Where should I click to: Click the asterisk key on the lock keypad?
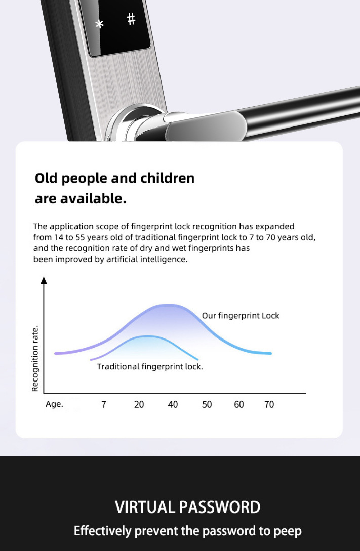coord(99,24)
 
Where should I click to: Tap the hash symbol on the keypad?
coord(131,19)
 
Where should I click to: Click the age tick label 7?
coord(104,404)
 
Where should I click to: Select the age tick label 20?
coord(139,404)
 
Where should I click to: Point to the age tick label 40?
coord(173,404)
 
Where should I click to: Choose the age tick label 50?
coord(207,404)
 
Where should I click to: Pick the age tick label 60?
coord(238,404)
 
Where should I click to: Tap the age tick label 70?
coord(269,404)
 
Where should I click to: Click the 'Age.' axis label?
coord(54,404)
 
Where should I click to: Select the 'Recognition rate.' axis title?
coord(35,359)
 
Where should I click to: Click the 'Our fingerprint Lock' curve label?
coord(241,316)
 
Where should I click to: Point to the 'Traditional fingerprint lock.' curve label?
coord(150,367)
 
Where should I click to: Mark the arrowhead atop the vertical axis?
coord(44,280)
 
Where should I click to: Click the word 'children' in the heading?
coord(168,178)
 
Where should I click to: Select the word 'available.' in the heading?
coord(93,198)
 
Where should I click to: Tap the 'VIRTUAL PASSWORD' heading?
coord(188,507)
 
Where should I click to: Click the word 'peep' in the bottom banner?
coord(287,531)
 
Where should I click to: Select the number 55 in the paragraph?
coord(80,237)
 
